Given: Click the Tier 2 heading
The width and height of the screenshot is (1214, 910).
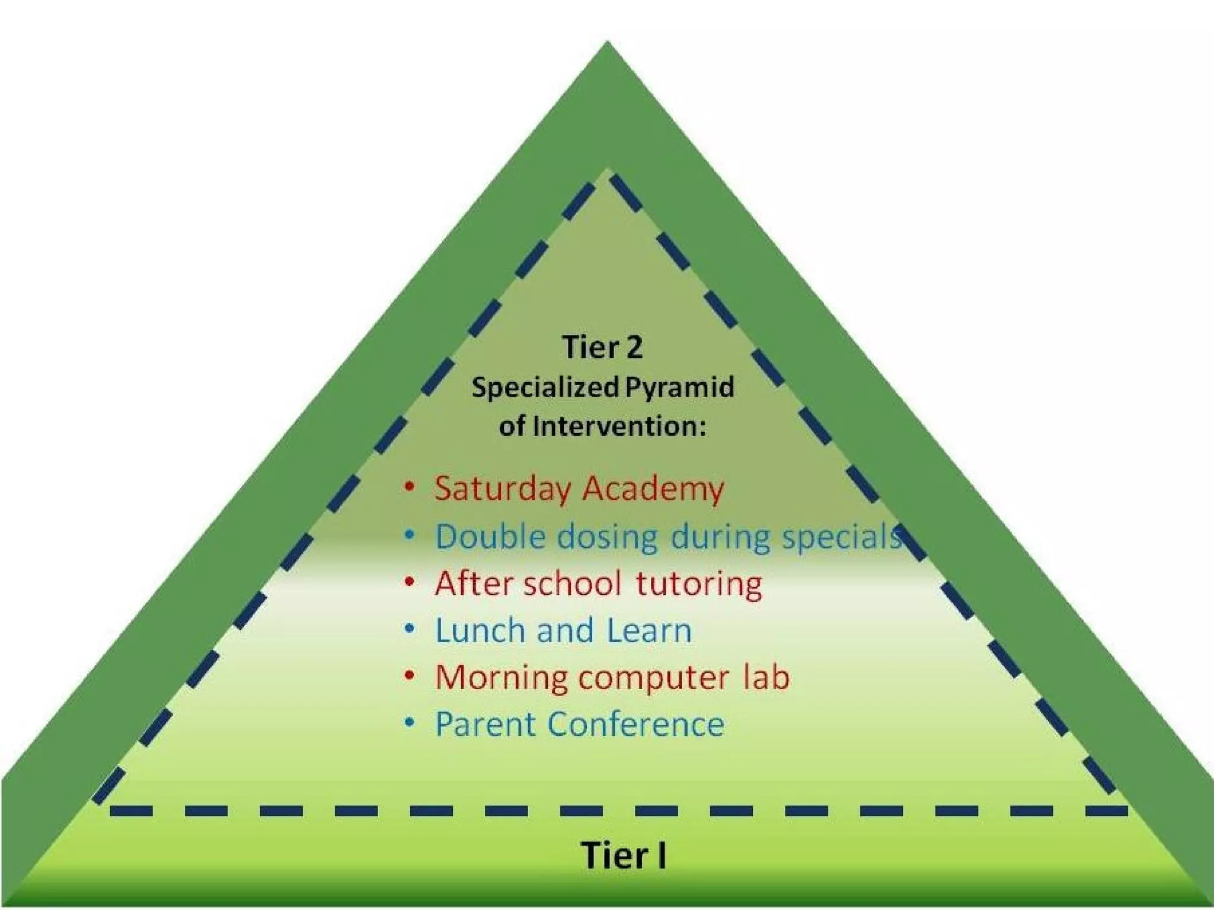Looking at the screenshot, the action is tap(602, 347).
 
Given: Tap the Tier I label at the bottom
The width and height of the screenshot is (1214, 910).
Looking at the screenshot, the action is tap(624, 855).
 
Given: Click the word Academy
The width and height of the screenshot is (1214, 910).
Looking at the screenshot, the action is tap(653, 490).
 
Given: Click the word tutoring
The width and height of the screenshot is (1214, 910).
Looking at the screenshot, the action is tap(699, 584).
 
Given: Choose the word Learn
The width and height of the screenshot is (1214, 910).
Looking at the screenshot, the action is tap(649, 630).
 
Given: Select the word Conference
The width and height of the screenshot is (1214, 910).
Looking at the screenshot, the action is tap(636, 724).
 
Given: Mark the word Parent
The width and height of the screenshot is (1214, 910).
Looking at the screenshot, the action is tap(486, 724).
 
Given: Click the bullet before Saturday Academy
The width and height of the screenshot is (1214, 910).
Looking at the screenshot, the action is tap(409, 487).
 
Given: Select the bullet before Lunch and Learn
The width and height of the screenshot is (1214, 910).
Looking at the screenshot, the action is tap(409, 629).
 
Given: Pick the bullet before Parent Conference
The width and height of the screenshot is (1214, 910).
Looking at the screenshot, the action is tap(409, 723).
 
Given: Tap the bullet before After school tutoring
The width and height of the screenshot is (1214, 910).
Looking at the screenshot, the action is tap(409, 582).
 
